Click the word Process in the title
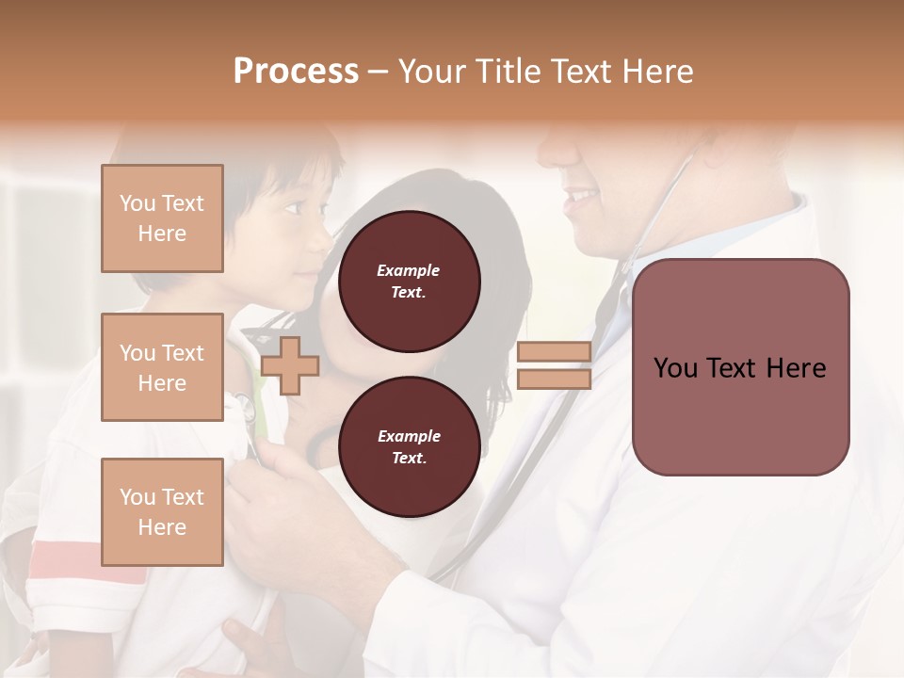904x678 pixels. (296, 72)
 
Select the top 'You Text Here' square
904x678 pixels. (162, 218)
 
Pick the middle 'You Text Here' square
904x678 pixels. (162, 367)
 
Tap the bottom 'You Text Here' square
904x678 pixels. (162, 512)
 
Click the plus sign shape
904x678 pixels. (290, 365)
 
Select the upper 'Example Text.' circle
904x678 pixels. (409, 282)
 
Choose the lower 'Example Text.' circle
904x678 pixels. (409, 447)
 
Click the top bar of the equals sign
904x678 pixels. (554, 351)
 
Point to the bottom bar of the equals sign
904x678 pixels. (554, 379)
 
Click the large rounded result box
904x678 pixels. (740, 367)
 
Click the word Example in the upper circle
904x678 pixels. (409, 271)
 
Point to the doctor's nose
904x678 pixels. (551, 151)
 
